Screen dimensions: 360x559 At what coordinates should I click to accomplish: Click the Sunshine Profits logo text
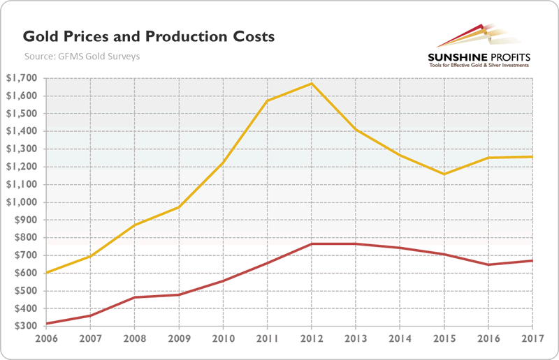[x=478, y=56]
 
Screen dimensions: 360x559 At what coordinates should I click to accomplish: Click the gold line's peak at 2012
[x=312, y=84]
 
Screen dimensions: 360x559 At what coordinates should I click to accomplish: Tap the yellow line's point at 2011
[x=268, y=101]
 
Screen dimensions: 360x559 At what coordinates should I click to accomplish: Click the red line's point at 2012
[x=312, y=243]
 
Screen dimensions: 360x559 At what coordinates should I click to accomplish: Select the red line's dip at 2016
[x=488, y=264]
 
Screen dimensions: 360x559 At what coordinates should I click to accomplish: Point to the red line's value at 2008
[x=135, y=297]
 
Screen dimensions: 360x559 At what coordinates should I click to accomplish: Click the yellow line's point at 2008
[x=135, y=225]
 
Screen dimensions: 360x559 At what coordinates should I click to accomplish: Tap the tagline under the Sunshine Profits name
[x=478, y=66]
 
